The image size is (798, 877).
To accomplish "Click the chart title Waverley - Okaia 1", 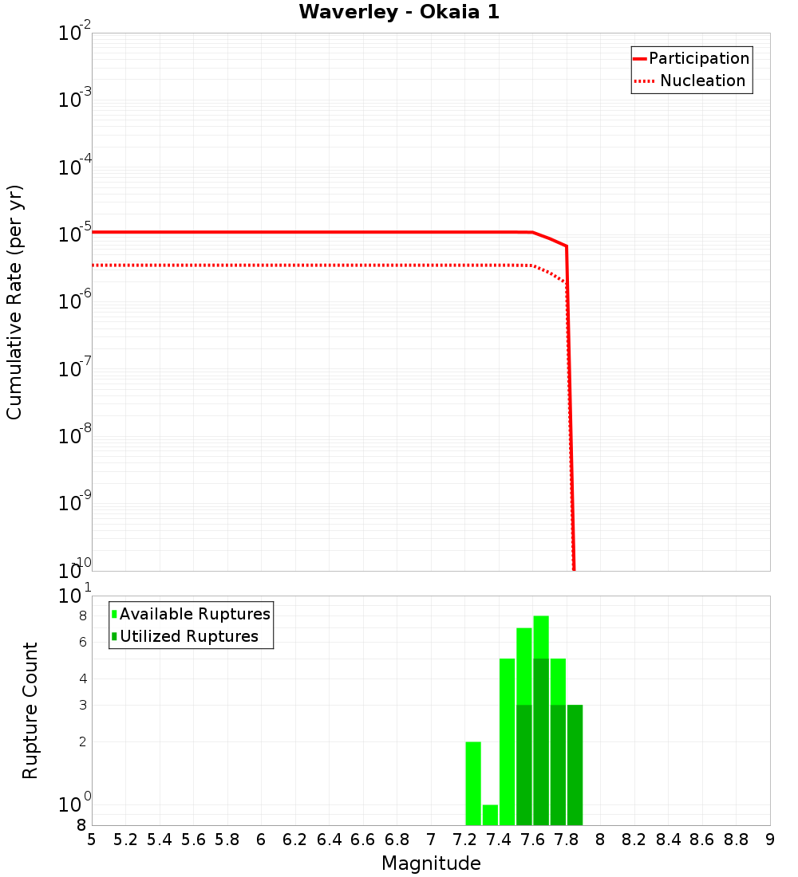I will pos(399,13).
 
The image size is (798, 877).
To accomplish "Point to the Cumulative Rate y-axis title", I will pos(14,302).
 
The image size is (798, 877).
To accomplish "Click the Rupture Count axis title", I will pos(30,710).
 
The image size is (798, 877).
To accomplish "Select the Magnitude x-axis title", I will pos(431,863).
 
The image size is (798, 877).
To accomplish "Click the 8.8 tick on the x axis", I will pos(736,840).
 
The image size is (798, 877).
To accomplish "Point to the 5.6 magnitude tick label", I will pos(193,840).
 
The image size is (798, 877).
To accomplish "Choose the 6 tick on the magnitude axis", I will pos(261,840).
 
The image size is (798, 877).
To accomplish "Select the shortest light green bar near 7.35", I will pos(490,815).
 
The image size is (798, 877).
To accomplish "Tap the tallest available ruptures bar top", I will pos(541,617).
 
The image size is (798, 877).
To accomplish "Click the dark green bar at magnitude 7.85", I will pos(575,765).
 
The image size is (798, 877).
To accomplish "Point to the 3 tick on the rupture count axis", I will pos(83,705).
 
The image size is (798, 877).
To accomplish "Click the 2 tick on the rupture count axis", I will pos(83,741).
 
